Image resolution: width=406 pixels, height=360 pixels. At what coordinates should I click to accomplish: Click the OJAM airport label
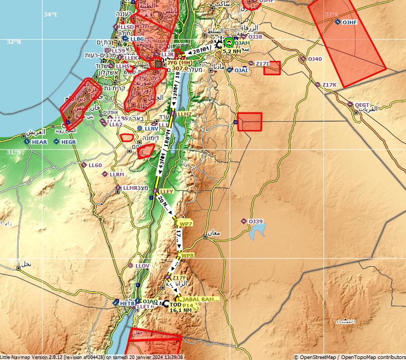(x=242, y=43)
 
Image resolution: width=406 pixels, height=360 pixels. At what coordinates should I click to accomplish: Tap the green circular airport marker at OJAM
(x=229, y=42)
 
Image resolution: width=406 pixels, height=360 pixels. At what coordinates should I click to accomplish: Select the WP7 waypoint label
(x=185, y=224)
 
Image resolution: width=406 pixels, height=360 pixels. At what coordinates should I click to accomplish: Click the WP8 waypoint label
(x=188, y=255)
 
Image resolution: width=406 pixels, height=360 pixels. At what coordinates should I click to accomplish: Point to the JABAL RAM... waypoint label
(x=200, y=299)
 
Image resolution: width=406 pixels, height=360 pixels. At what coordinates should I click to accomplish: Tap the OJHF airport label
(x=350, y=22)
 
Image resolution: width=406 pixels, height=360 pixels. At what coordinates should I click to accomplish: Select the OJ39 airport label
(x=256, y=221)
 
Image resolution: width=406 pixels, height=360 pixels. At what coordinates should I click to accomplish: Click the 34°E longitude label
(x=50, y=14)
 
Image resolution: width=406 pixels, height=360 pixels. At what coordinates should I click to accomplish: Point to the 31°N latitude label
(x=14, y=152)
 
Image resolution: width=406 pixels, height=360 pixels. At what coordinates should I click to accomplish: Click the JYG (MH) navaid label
(x=179, y=62)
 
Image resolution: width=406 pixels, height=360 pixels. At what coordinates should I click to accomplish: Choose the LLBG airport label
(x=137, y=39)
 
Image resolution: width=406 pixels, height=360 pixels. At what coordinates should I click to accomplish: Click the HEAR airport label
(x=39, y=142)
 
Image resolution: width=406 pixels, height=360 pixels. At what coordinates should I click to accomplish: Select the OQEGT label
(x=362, y=104)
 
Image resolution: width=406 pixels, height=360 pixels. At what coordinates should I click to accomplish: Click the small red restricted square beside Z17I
(x=272, y=68)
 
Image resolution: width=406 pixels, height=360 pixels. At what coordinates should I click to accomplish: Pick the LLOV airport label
(x=142, y=266)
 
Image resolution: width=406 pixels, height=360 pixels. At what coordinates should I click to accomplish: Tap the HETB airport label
(x=127, y=304)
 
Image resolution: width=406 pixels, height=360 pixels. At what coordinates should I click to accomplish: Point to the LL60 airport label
(x=95, y=165)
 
